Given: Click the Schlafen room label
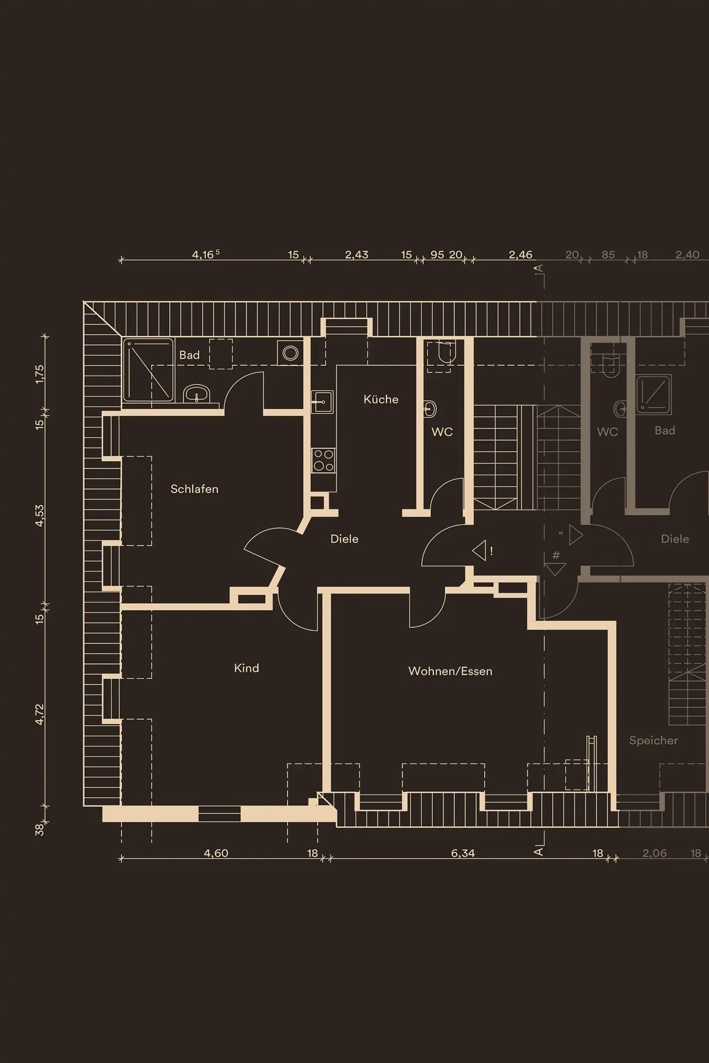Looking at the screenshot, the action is click(x=194, y=489).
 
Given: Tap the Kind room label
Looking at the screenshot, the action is click(x=246, y=668).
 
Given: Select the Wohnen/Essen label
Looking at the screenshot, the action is click(x=450, y=671).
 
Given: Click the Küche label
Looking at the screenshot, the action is click(x=381, y=399).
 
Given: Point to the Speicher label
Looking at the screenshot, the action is click(x=653, y=741).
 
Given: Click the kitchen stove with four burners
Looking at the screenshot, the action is click(x=324, y=461).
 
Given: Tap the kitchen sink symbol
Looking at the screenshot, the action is click(x=322, y=401).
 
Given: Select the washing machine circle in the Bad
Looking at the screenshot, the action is click(x=291, y=353).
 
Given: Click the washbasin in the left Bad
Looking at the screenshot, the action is click(x=196, y=394).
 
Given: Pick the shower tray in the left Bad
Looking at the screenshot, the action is click(x=148, y=370).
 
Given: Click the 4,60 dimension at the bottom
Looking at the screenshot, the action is click(x=216, y=853).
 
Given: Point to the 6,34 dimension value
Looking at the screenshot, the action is click(x=463, y=853).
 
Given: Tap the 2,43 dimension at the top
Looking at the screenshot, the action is click(x=356, y=255).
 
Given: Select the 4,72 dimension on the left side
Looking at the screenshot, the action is click(x=39, y=714).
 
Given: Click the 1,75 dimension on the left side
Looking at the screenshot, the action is click(x=39, y=374).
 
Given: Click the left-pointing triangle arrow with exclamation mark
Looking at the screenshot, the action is click(x=479, y=550).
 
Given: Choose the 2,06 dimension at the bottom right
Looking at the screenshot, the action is click(x=655, y=853).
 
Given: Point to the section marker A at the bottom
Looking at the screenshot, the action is click(x=538, y=851).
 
